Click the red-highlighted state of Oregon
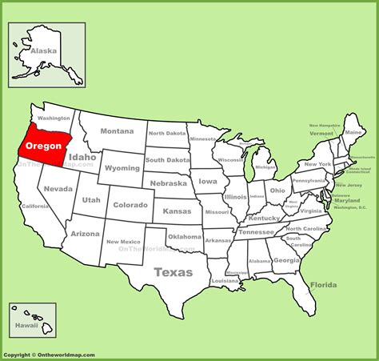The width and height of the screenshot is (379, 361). click(44, 146)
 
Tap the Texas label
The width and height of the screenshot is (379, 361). click(174, 272)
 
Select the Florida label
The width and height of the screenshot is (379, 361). click(324, 285)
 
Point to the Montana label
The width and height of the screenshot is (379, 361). click(117, 131)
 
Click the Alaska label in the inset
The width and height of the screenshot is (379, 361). click(43, 50)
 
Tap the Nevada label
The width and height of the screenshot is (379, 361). click(58, 189)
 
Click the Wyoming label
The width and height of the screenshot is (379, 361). click(122, 168)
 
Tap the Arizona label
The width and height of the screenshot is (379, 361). click(85, 234)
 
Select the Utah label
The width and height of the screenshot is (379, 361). click(91, 200)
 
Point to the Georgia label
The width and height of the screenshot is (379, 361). click(285, 260)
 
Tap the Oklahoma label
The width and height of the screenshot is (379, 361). click(185, 237)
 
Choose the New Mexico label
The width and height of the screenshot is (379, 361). click(124, 241)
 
